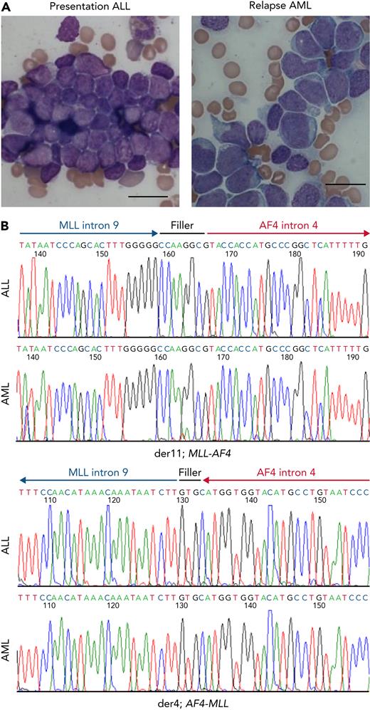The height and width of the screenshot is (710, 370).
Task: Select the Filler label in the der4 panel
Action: click(x=190, y=471)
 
